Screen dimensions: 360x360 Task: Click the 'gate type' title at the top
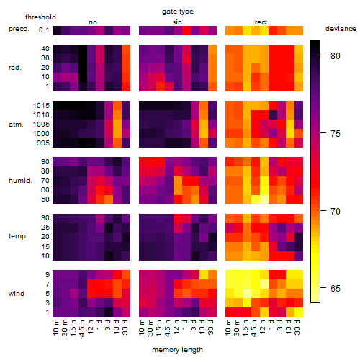pos(178,12)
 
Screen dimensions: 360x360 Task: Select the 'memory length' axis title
pos(177,350)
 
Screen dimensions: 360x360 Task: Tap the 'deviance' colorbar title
pos(341,29)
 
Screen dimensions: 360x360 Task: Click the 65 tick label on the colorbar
pos(336,288)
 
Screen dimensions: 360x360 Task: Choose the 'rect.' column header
pos(262,22)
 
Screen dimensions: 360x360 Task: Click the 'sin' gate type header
pos(177,22)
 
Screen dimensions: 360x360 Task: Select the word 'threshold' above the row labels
pos(40,17)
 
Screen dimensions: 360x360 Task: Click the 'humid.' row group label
pos(20,181)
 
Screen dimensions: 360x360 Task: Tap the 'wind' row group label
pos(17,294)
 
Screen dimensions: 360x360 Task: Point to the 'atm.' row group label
pos(16,125)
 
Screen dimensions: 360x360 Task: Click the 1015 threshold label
pos(41,106)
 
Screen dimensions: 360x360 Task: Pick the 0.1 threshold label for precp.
pos(44,30)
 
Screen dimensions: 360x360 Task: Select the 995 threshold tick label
pos(43,143)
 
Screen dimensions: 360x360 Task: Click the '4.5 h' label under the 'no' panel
pos(82,328)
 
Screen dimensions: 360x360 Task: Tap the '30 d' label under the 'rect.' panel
pos(297,327)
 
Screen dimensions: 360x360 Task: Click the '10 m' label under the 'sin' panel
pos(142,327)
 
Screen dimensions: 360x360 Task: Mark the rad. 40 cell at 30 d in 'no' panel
pos(126,50)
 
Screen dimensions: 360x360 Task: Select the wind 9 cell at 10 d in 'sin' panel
pos(204,275)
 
